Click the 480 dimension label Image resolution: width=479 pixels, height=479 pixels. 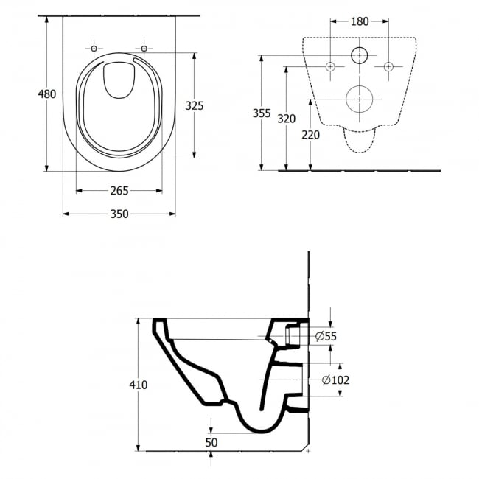46,94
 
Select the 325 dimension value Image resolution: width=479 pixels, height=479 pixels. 195,105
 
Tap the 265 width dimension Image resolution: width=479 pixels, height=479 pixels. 119,191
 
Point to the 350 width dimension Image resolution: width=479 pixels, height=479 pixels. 119,214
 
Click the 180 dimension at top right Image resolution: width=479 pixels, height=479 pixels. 360,21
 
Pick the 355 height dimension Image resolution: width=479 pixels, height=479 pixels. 262,113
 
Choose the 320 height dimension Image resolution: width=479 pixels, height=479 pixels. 286,119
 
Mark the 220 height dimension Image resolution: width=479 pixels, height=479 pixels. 310,135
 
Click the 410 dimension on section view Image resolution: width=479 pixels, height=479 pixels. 138,385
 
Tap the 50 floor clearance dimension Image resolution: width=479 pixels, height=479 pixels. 211,442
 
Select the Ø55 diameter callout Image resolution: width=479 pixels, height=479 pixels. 326,336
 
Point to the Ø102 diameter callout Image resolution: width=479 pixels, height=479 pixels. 336,380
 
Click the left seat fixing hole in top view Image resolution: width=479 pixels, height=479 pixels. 94,48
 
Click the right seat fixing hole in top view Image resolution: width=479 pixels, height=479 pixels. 144,48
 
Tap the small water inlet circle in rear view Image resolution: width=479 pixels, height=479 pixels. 360,55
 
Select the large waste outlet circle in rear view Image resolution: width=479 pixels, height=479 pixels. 360,99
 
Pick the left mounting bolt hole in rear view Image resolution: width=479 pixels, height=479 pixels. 330,66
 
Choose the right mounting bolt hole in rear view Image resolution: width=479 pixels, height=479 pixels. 388,66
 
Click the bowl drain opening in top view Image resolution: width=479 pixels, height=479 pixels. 119,80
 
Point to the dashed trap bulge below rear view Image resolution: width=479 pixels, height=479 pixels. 360,141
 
